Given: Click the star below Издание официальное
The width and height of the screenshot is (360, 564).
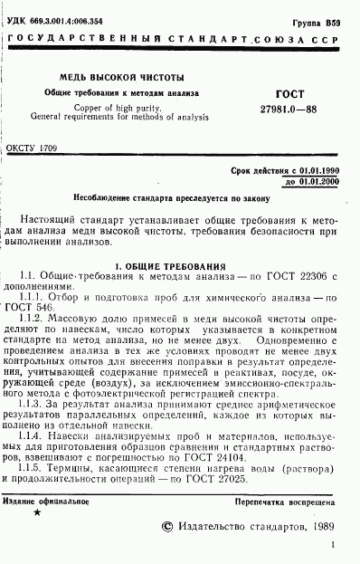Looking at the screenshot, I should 36,512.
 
